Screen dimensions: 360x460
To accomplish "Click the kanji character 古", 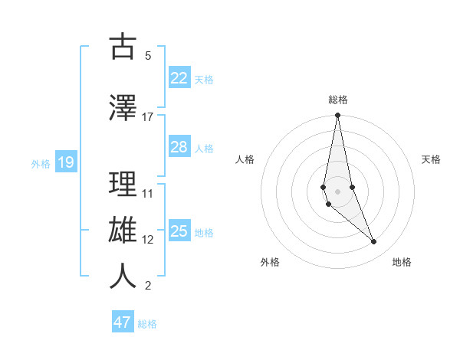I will [123, 47].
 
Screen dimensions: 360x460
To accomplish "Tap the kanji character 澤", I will [123, 108].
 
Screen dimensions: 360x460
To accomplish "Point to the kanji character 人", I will [123, 277].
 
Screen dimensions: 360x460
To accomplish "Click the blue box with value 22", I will [179, 78].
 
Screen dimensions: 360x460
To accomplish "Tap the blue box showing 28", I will [179, 147].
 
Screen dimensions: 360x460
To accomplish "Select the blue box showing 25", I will [179, 231].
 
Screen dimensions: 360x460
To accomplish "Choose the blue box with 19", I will [66, 162].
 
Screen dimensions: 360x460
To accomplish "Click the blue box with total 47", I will [123, 322].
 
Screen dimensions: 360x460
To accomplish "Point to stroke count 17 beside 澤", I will [148, 117].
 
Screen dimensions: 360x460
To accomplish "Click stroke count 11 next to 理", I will [148, 193].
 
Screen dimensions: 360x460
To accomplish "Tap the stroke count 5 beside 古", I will [148, 56].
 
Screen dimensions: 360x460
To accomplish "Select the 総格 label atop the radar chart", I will [337, 100].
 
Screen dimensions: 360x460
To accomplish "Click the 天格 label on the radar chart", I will [432, 159].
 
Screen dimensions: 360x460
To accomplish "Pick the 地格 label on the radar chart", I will [402, 262].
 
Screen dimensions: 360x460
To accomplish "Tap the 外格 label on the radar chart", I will [270, 262].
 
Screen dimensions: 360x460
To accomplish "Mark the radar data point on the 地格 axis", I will [374, 242].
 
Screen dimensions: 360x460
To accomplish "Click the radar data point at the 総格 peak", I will [337, 116].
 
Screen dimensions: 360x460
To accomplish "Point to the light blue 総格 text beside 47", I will [147, 324].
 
